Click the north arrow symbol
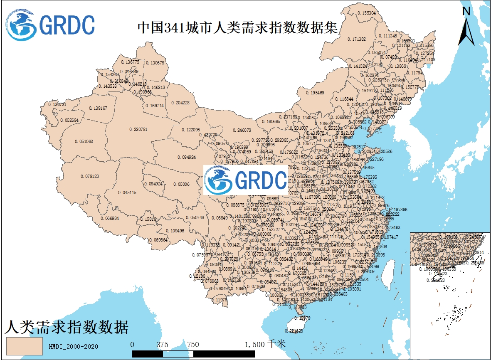(466, 27)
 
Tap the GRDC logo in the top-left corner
(50, 25)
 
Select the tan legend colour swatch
(25, 346)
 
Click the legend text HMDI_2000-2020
(73, 346)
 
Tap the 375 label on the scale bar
(163, 345)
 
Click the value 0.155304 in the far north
(366, 13)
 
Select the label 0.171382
(356, 39)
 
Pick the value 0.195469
(315, 93)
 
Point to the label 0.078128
(89, 177)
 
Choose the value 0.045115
(127, 193)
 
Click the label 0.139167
(98, 108)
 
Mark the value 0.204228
(180, 103)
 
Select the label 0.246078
(242, 130)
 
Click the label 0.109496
(175, 231)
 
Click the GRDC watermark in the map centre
(246, 180)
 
